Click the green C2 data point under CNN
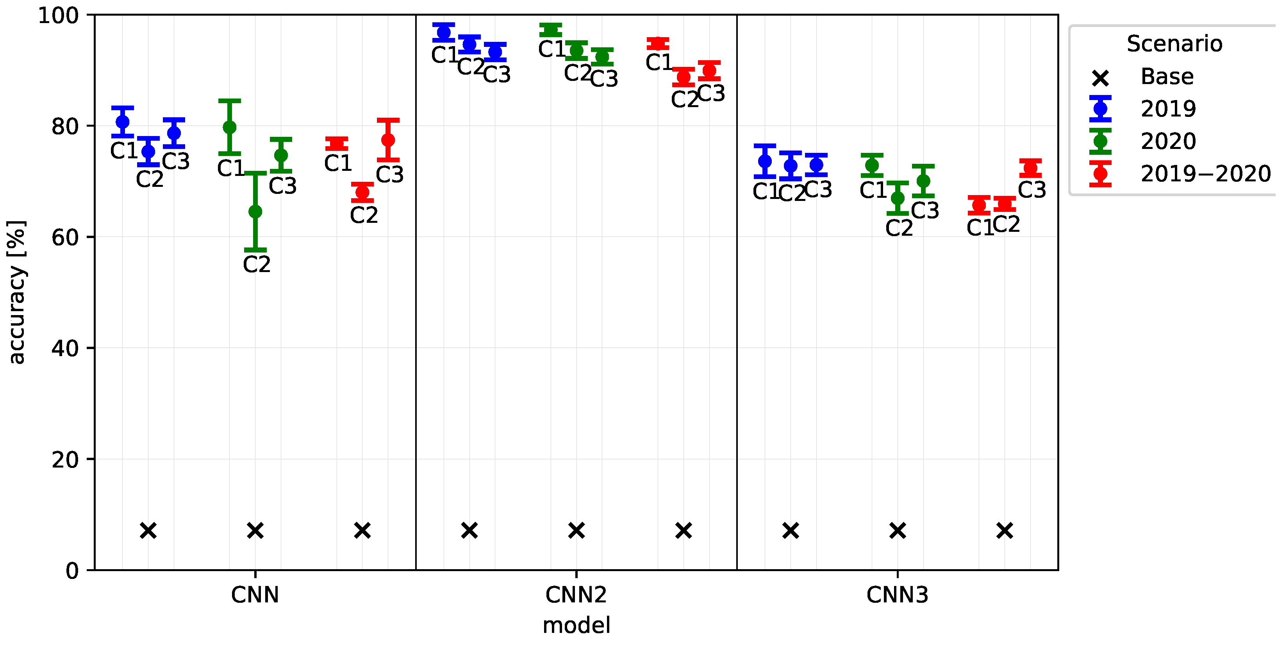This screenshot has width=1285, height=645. coord(255,211)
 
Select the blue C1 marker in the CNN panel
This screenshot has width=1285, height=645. coord(122,122)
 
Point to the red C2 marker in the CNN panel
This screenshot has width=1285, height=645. coord(362,192)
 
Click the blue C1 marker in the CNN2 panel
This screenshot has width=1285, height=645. coord(443,33)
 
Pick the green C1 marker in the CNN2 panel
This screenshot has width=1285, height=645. coord(550,30)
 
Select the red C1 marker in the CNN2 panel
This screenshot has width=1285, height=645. coord(657,44)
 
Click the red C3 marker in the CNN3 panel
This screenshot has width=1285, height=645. coord(1030,168)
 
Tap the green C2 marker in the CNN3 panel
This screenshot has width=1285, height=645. coord(898,198)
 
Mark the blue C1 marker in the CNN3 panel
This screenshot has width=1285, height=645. coord(765,161)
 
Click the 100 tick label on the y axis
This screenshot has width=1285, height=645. coord(58,16)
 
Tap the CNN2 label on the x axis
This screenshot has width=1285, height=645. coord(576,595)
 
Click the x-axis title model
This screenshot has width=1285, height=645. coord(576,625)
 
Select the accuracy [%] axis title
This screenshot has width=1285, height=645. coord(16,292)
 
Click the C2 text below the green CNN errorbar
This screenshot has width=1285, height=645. coord(256,264)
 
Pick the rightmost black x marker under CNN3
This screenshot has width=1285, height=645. coord(1004,530)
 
